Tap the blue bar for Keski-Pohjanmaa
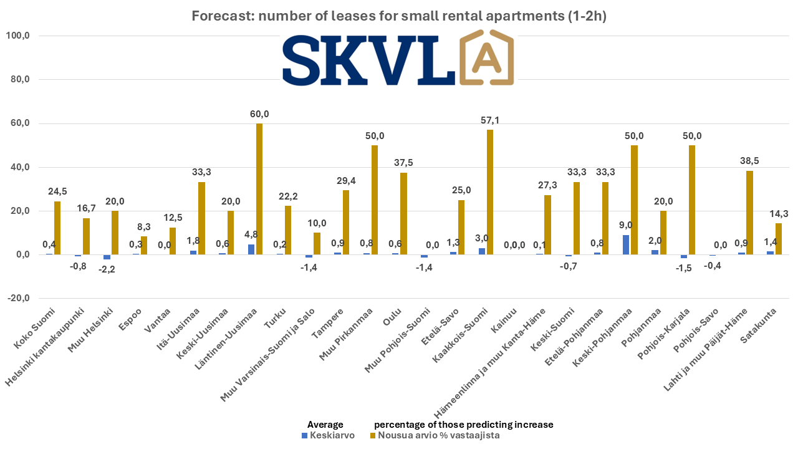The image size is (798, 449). click(x=625, y=244)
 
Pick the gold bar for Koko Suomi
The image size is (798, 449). click(x=57, y=228)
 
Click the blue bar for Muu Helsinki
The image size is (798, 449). click(x=107, y=257)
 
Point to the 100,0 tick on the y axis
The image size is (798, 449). click(x=18, y=36)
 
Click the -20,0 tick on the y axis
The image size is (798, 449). click(x=18, y=298)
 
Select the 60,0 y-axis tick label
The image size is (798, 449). click(x=19, y=123)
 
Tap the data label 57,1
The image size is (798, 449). click(x=489, y=120)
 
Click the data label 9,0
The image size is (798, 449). click(x=625, y=225)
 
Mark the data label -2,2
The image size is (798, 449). click(x=107, y=269)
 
